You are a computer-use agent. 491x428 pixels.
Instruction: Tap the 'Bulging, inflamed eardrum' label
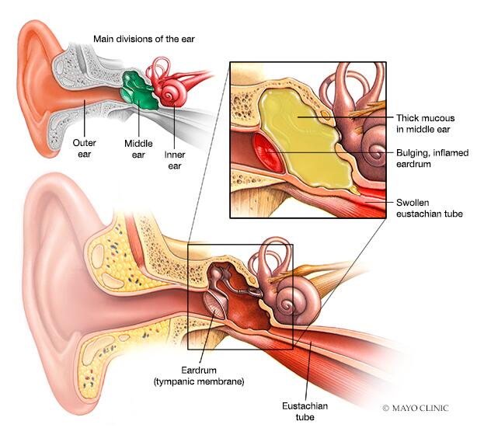click(433, 159)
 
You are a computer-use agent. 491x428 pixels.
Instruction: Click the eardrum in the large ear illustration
click(214, 307)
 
